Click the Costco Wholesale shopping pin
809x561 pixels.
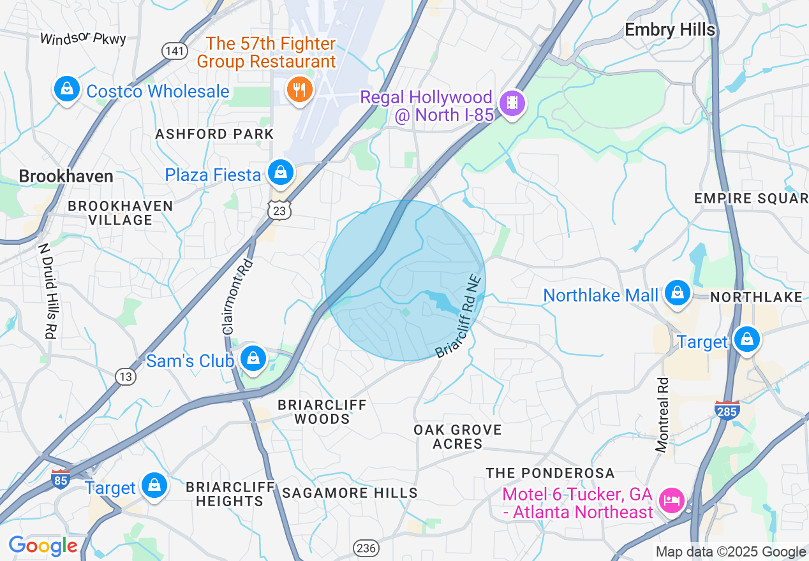pos(66,89)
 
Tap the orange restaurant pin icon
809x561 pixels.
pos(297,89)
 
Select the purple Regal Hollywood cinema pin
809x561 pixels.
pos(512,103)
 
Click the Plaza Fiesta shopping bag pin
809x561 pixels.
pos(279,172)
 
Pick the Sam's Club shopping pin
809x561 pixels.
pos(253,358)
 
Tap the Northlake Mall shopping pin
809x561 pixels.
pos(677,293)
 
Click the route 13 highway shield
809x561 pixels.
pos(126,377)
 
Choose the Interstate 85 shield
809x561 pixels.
pos(61,479)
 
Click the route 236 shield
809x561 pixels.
pos(366,548)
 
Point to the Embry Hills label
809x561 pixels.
pos(669,29)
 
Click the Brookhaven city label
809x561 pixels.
pos(66,176)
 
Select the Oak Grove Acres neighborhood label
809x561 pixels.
pos(457,437)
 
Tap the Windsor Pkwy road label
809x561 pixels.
pos(83,38)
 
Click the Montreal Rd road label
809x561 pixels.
pos(662,415)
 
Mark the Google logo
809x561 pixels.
pos(42,546)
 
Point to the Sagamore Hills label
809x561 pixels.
pos(350,492)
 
